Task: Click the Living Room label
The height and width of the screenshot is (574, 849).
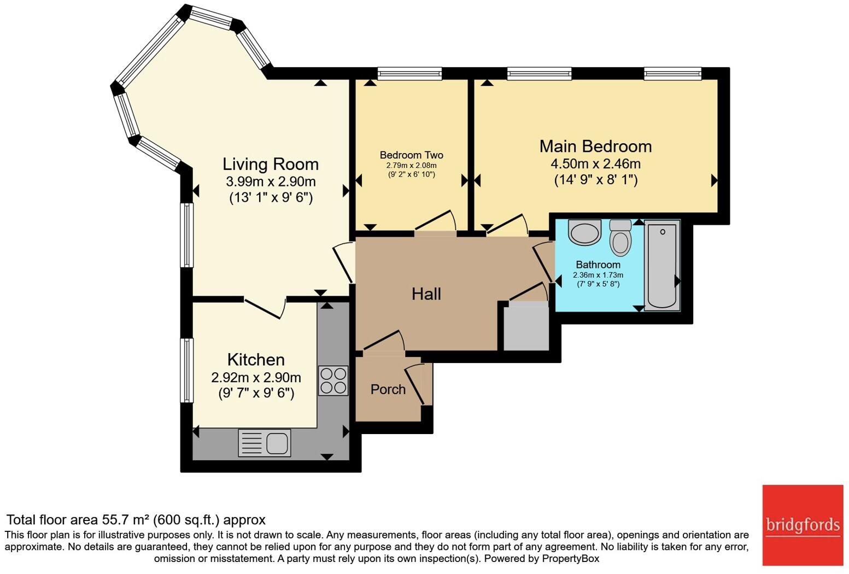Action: point(270,164)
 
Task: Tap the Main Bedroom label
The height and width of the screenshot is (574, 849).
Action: point(595,147)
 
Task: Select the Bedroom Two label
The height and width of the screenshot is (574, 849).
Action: point(411,155)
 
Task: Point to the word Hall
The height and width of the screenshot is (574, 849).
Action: point(426,294)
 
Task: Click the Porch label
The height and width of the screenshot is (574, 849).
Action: point(388,389)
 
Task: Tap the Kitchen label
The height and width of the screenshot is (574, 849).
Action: point(256,360)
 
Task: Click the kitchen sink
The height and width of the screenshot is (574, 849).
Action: point(265,443)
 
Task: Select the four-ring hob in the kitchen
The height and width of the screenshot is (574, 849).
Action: point(333,380)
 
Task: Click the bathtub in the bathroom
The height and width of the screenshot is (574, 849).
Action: point(662,266)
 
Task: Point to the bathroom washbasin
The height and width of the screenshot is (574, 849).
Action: point(584,232)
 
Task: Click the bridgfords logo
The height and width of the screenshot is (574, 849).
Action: point(803,525)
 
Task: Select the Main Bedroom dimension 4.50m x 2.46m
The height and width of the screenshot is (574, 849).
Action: point(595,164)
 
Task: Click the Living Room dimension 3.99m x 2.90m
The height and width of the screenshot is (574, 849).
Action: point(270,181)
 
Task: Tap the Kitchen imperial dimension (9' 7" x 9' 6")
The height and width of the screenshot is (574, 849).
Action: point(256,393)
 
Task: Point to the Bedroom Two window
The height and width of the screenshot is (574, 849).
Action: point(409,73)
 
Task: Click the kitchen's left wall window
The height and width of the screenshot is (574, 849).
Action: point(187,370)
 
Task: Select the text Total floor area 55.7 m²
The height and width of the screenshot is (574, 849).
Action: point(79,519)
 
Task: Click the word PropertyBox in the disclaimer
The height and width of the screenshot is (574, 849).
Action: point(570,559)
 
